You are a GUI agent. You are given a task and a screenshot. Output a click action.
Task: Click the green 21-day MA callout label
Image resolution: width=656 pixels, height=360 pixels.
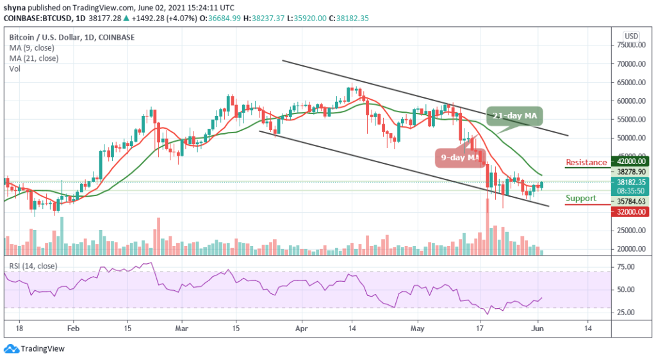[x=514, y=116]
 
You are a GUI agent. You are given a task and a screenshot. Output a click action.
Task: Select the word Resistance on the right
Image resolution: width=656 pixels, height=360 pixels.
[x=586, y=163]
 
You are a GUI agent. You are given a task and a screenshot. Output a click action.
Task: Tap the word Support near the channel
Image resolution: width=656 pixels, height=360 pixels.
[x=582, y=199]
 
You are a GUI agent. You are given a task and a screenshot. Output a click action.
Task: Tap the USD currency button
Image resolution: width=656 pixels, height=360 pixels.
[x=631, y=36]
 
